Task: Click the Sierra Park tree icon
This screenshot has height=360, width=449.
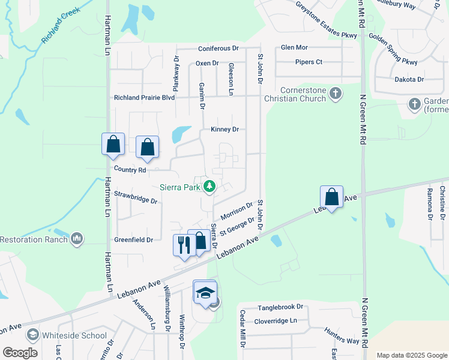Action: (x=209, y=187)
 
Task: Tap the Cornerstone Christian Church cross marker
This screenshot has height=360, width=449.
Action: (x=336, y=94)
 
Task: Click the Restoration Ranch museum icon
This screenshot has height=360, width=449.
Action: (x=76, y=239)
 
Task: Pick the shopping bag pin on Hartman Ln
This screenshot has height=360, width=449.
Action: (x=113, y=145)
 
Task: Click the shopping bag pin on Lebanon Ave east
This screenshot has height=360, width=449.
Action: (x=331, y=197)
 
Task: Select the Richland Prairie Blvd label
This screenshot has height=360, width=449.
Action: (x=144, y=97)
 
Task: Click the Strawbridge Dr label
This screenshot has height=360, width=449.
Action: (x=136, y=197)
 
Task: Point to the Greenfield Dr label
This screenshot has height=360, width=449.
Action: (x=134, y=239)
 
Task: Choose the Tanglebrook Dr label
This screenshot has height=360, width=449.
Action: (x=281, y=307)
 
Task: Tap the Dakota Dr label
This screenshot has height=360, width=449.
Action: (x=409, y=79)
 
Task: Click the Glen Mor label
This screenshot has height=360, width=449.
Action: (x=294, y=47)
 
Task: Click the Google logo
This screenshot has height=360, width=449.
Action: (x=19, y=353)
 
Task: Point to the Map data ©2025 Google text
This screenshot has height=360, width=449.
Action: (x=411, y=355)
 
